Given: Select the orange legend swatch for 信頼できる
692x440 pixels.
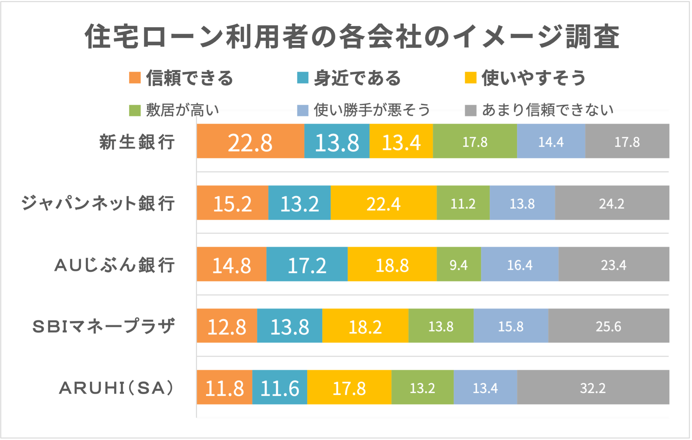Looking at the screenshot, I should tap(135, 78).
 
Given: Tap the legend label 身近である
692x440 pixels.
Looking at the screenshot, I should tap(357, 78).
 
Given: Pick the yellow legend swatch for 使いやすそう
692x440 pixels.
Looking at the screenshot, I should tap(470, 78).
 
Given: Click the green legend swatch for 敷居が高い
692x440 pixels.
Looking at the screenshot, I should tap(135, 110).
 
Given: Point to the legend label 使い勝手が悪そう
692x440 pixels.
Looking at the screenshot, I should tap(372, 110).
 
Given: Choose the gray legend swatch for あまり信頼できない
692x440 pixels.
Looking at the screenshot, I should tap(470, 110).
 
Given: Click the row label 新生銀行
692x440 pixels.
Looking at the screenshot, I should tap(137, 142).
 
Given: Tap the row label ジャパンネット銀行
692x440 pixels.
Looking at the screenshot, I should tap(98, 203).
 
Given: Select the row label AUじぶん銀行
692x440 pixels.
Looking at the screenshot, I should tap(115, 265).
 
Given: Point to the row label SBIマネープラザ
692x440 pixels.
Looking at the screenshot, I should tap(104, 326).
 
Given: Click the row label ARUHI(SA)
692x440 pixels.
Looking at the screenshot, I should tap(117, 388).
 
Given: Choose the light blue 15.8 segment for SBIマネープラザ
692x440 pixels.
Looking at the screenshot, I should tap(511, 326).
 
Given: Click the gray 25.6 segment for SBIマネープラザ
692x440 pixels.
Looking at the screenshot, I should tap(608, 326).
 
